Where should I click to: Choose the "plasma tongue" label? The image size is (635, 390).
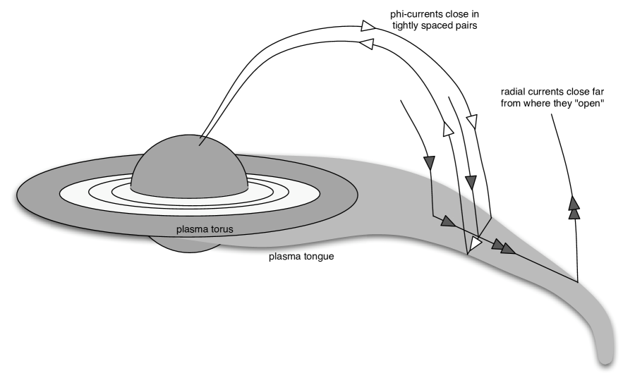pyautogui.click(x=301, y=256)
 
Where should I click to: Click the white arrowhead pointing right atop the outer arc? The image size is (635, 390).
pyautogui.click(x=368, y=26)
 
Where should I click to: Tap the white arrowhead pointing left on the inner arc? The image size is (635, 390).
pyautogui.click(x=367, y=44)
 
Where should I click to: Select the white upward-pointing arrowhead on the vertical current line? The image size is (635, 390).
pyautogui.click(x=447, y=128)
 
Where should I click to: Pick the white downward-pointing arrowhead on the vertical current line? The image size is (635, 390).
pyautogui.click(x=472, y=121)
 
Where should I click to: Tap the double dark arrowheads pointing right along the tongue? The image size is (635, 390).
pyautogui.click(x=504, y=247)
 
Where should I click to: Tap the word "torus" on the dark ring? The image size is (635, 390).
pyautogui.click(x=219, y=229)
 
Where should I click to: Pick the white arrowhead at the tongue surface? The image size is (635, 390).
pyautogui.click(x=476, y=243)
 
